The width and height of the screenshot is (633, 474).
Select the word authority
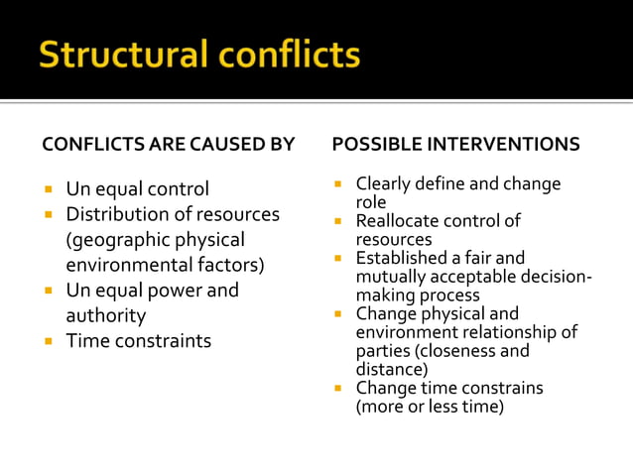click(105, 316)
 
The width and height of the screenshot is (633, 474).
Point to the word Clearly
click(383, 183)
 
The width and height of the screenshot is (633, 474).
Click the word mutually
click(390, 277)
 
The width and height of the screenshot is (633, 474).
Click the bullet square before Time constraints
click(48, 341)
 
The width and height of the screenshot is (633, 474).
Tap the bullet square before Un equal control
click(48, 189)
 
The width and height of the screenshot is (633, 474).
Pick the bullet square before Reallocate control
click(338, 221)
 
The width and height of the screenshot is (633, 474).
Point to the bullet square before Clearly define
click(338, 184)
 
